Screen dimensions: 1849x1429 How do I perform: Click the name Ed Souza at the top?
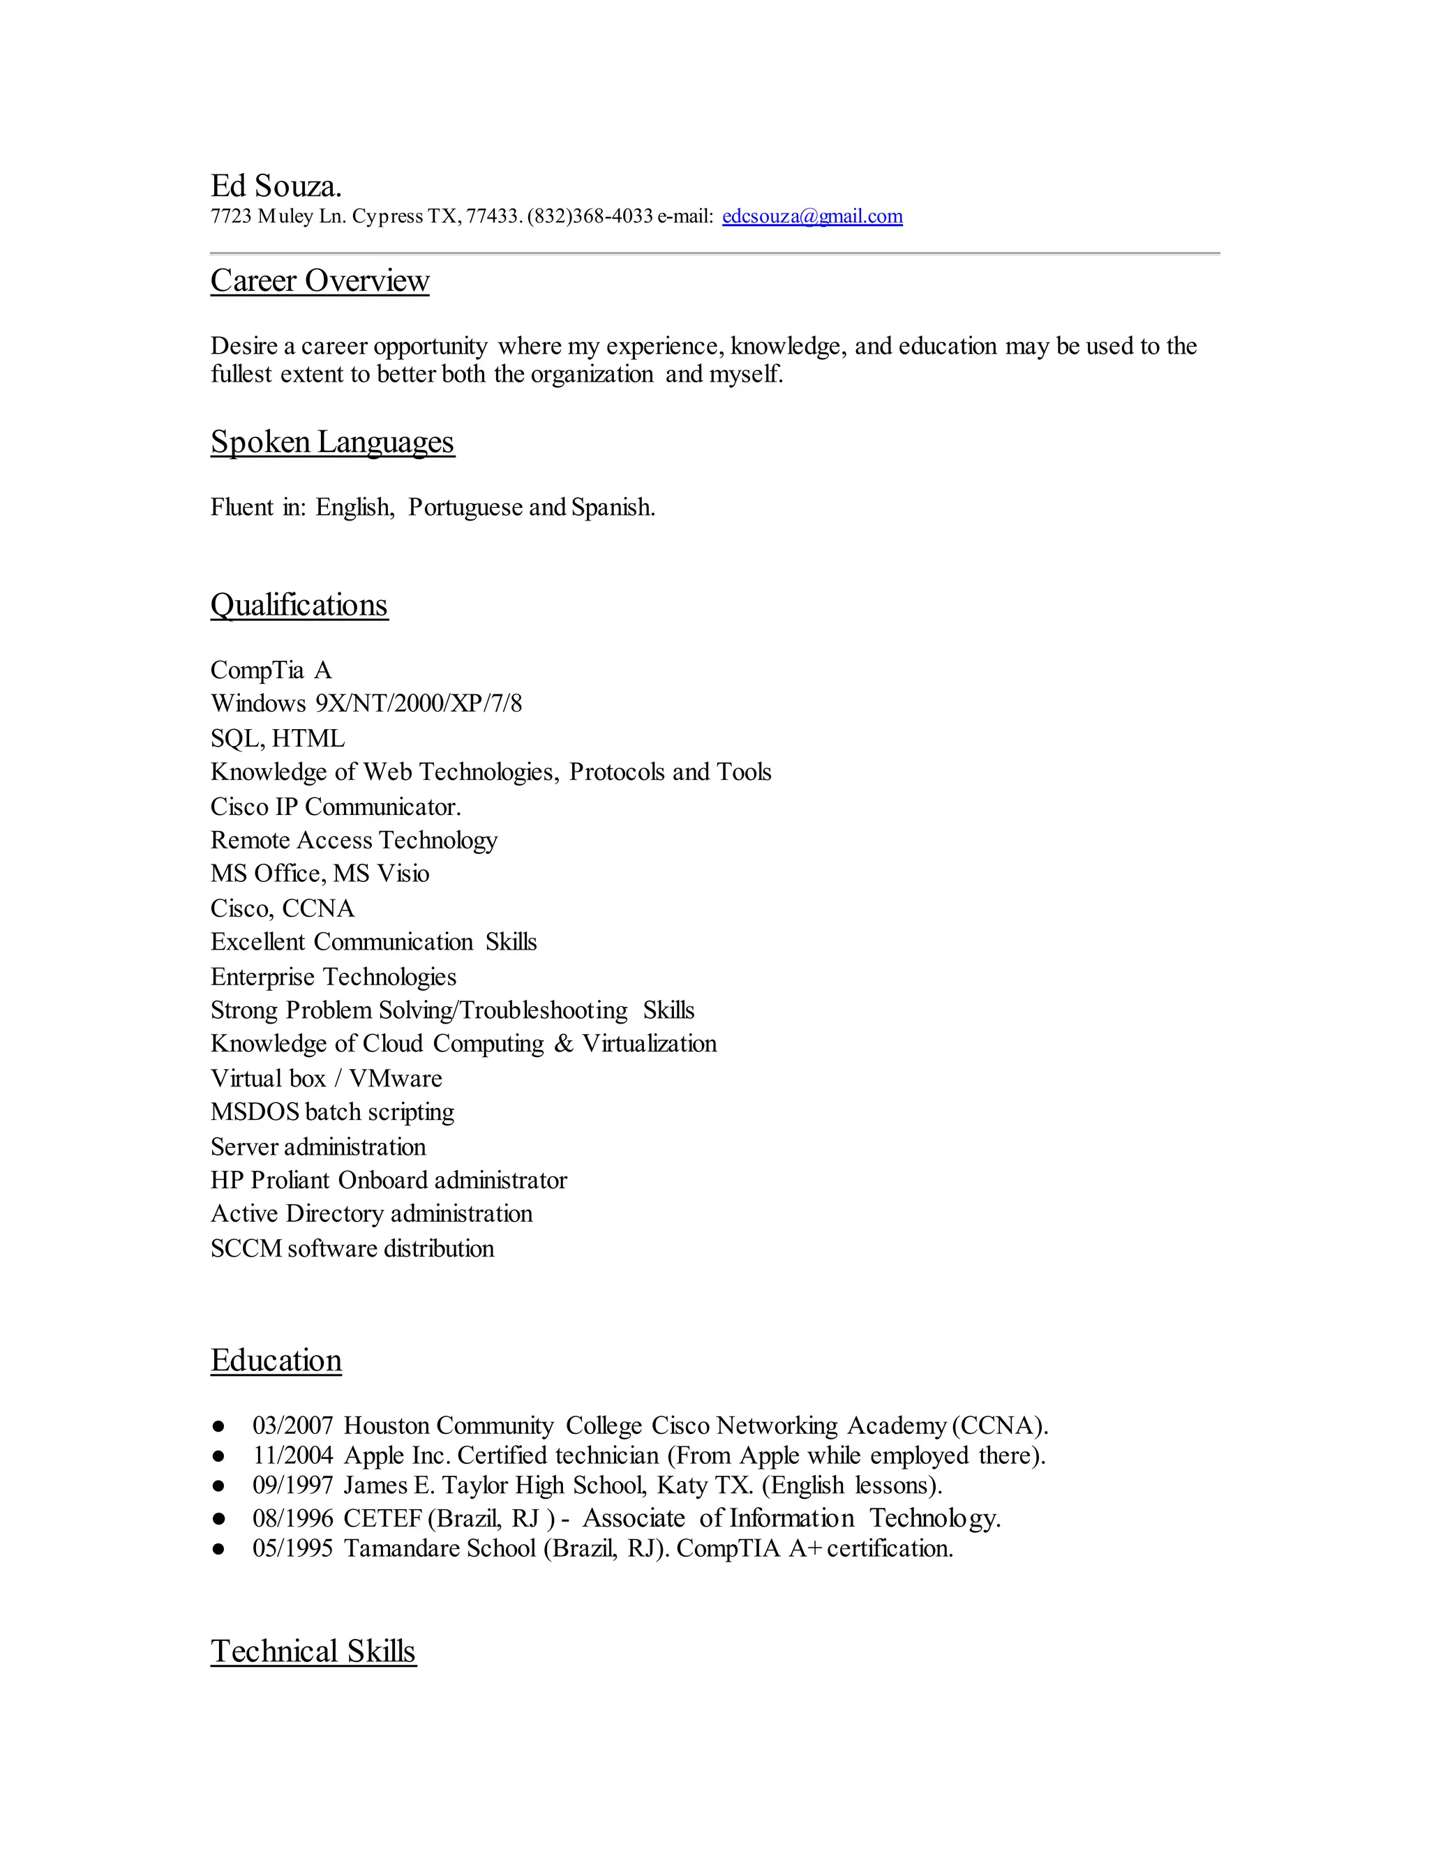276,186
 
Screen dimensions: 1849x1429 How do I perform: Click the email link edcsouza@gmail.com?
812,217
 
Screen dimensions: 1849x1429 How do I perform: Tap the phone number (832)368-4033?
590,217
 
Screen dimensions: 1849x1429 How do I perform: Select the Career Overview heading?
320,281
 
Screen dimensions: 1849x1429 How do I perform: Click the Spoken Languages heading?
333,442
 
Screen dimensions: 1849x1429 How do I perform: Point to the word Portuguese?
465,508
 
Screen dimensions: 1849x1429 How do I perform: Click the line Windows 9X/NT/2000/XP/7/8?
366,703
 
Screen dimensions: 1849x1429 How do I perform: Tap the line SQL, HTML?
278,739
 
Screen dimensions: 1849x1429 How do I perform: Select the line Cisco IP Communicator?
335,807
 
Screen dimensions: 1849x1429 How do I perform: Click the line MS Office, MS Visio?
320,874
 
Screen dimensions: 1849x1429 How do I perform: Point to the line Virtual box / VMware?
326,1079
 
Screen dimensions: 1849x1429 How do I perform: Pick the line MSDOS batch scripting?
332,1111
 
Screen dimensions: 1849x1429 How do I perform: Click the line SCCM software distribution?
352,1249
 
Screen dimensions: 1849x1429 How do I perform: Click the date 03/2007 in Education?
293,1425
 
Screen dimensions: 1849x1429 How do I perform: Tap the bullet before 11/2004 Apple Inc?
219,1456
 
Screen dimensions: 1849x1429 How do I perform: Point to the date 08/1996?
293,1518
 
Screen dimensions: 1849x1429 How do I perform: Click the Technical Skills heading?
313,1651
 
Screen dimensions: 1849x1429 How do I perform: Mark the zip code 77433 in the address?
491,217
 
